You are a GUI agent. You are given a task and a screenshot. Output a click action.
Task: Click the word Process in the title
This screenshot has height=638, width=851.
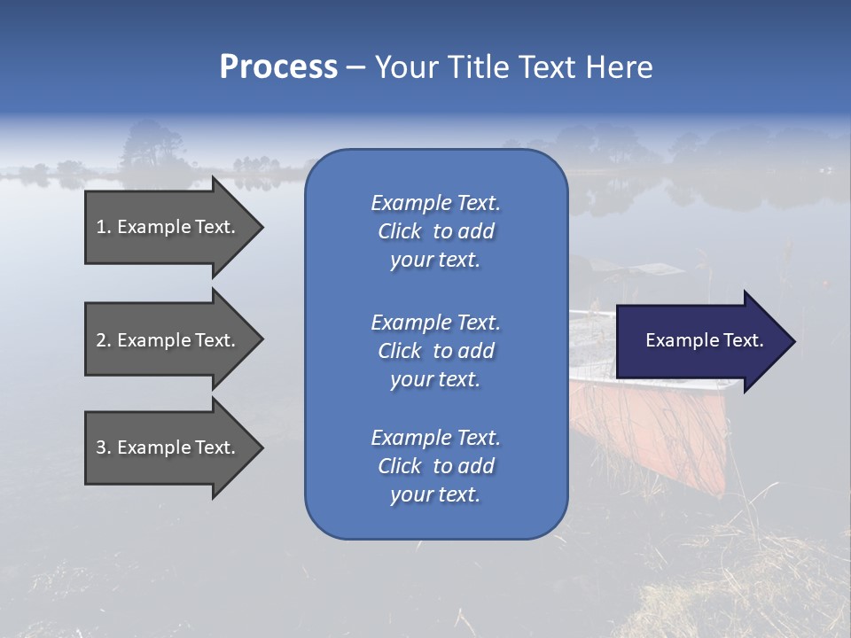[278, 67]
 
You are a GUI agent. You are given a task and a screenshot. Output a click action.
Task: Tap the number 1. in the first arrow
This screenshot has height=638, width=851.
[104, 227]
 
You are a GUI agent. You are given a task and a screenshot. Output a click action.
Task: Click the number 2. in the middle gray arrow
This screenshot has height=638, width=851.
[104, 340]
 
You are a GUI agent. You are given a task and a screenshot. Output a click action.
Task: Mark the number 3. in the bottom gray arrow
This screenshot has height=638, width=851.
[104, 447]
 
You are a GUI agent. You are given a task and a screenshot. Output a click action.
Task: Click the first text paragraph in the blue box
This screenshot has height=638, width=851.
[435, 231]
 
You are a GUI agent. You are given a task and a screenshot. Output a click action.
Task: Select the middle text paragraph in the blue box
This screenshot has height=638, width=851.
[435, 351]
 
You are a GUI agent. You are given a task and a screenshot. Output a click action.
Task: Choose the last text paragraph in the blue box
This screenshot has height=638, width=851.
[435, 466]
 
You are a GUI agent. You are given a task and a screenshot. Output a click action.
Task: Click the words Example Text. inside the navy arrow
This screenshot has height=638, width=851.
[705, 340]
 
